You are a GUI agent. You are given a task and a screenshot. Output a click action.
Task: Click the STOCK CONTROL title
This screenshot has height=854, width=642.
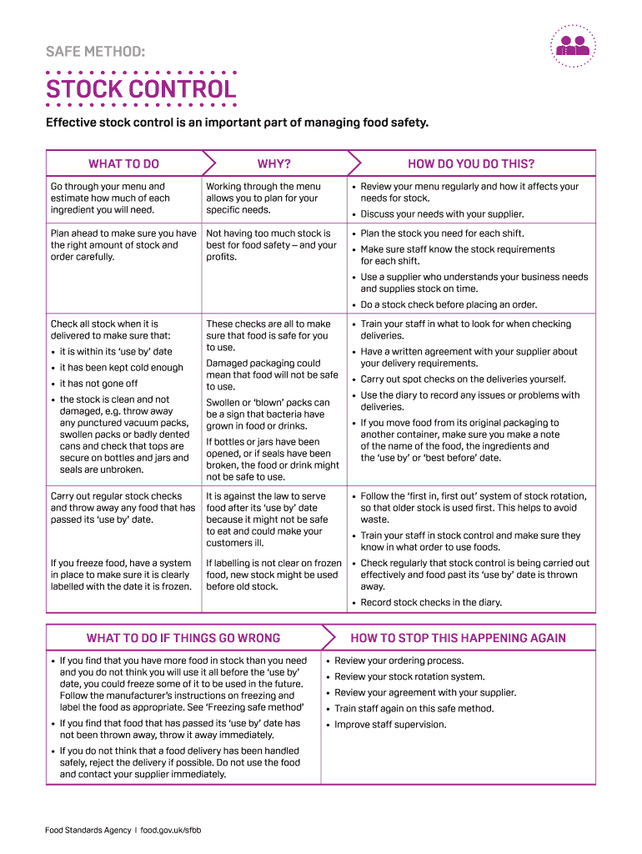point(141,88)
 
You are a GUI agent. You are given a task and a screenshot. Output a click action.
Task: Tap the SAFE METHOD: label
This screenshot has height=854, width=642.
point(95,53)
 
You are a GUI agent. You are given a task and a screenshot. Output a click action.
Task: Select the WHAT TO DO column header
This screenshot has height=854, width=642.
point(123,163)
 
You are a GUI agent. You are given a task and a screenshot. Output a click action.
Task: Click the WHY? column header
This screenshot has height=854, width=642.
point(274,163)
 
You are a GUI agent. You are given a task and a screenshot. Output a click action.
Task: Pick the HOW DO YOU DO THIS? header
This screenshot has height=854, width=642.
point(471,163)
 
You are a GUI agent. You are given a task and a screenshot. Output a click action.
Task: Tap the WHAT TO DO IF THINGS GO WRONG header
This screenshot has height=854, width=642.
point(183,638)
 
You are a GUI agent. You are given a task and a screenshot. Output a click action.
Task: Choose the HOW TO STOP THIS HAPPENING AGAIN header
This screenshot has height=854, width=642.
point(458,638)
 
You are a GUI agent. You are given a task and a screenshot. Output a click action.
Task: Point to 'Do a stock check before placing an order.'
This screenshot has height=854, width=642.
point(449,304)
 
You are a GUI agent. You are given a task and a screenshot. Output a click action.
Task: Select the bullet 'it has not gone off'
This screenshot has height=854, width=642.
point(98,384)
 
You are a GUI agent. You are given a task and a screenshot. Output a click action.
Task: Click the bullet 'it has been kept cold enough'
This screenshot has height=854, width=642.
point(121,368)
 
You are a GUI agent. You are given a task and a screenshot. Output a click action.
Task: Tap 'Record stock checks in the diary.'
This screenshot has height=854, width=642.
point(431,602)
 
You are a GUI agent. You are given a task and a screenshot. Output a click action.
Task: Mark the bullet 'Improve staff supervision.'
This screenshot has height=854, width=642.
point(390,725)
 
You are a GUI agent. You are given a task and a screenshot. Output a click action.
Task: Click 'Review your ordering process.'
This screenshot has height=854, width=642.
point(399,661)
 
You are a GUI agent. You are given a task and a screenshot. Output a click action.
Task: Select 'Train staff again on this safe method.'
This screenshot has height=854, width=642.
point(414,709)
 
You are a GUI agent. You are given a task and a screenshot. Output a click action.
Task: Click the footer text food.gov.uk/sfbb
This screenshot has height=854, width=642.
point(171,830)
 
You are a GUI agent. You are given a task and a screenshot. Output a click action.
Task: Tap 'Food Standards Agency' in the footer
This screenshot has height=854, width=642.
point(88,830)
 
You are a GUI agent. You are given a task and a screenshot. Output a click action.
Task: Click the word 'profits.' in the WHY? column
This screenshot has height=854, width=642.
point(222,257)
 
